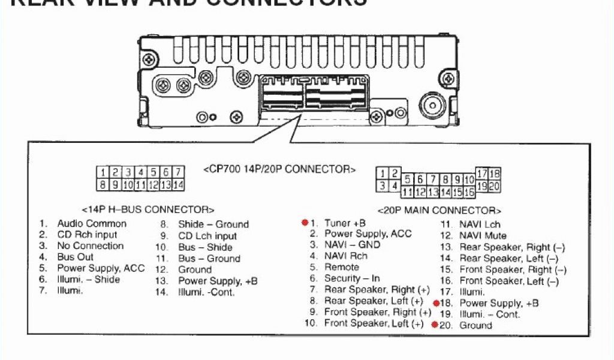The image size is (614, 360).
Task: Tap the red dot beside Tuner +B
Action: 305,223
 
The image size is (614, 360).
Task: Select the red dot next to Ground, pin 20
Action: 435,325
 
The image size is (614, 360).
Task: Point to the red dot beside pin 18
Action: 436,303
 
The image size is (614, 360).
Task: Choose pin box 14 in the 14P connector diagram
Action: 178,185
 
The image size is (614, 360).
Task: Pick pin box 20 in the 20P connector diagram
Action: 494,186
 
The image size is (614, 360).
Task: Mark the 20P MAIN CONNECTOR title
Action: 439,211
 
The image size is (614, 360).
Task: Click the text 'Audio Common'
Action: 92,224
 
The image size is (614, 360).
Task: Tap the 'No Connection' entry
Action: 90,246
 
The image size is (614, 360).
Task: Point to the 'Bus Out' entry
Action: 76,257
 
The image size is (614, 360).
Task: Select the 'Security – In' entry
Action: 352,278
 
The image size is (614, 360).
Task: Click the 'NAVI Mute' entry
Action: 483,236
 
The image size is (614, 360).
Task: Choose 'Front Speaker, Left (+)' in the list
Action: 374,323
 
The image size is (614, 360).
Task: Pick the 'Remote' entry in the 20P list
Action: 342,267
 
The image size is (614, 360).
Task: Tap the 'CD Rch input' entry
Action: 88,235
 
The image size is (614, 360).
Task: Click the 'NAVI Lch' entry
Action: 480,224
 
